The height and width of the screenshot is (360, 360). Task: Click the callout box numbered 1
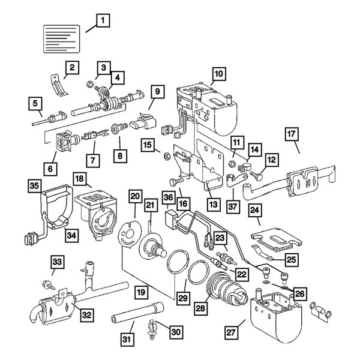(x=103, y=22)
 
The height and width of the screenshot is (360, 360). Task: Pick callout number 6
(x=50, y=170)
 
